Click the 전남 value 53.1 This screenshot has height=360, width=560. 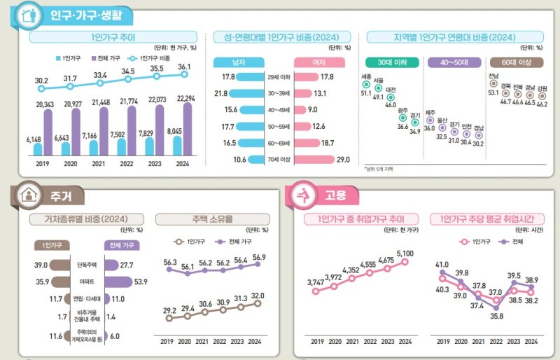coord(493,92)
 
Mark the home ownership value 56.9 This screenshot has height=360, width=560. coord(258,258)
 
